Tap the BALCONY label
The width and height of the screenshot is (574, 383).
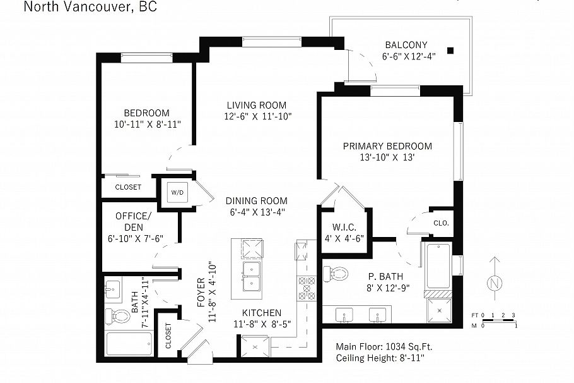click(x=406, y=45)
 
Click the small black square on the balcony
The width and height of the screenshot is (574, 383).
click(x=450, y=51)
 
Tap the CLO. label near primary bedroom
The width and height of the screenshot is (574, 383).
click(x=441, y=222)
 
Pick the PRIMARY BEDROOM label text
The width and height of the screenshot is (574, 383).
click(x=387, y=146)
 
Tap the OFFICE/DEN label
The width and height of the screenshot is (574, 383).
click(x=133, y=221)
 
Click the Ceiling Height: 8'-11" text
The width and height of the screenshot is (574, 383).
click(x=380, y=358)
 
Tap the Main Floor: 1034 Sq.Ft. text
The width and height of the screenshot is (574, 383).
click(x=384, y=346)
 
